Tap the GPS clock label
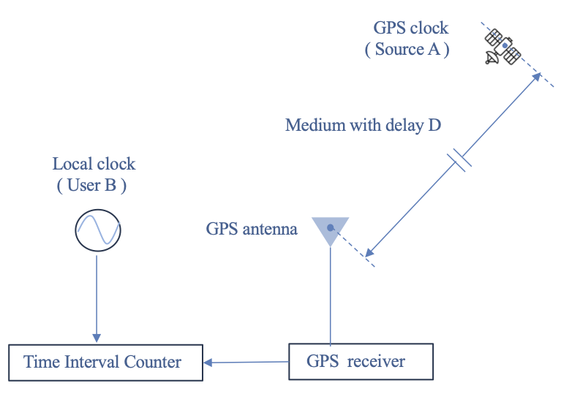(410, 29)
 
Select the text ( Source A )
(407, 50)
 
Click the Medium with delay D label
(363, 125)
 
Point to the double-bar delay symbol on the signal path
(459, 160)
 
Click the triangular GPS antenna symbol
(331, 230)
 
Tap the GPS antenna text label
(252, 229)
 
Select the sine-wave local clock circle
(98, 231)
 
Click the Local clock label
(94, 164)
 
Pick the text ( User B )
(91, 185)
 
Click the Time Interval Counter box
(105, 362)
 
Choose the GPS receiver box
(361, 361)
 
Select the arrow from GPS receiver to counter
(246, 362)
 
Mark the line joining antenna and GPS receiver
(331, 292)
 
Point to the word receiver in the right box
(377, 361)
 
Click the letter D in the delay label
(434, 125)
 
